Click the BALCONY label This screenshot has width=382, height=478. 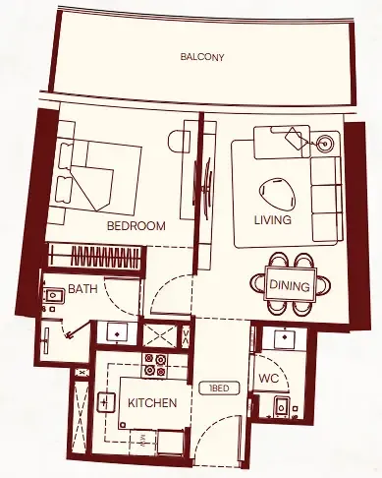point(202,57)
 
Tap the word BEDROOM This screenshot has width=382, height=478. point(136,226)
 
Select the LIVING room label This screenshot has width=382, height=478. point(272,220)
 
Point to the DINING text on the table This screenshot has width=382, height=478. point(289,286)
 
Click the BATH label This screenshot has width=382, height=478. point(81,290)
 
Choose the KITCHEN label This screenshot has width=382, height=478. point(152,403)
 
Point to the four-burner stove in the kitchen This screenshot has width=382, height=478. point(155,365)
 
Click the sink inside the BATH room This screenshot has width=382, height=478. point(50,294)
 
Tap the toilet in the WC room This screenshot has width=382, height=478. point(281,405)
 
